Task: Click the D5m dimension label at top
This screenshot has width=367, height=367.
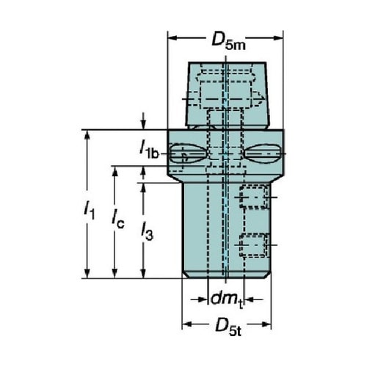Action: [x=228, y=40]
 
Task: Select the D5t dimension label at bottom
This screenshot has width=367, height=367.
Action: [x=228, y=327]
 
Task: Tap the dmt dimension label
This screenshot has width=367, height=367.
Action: [x=227, y=299]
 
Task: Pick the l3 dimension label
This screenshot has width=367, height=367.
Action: [x=147, y=230]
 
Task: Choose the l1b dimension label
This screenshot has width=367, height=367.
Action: [x=149, y=150]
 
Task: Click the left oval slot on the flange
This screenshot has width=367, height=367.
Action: [x=188, y=153]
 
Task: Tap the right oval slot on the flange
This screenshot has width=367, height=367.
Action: [x=262, y=153]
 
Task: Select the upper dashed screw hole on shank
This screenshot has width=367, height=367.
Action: [x=254, y=197]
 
